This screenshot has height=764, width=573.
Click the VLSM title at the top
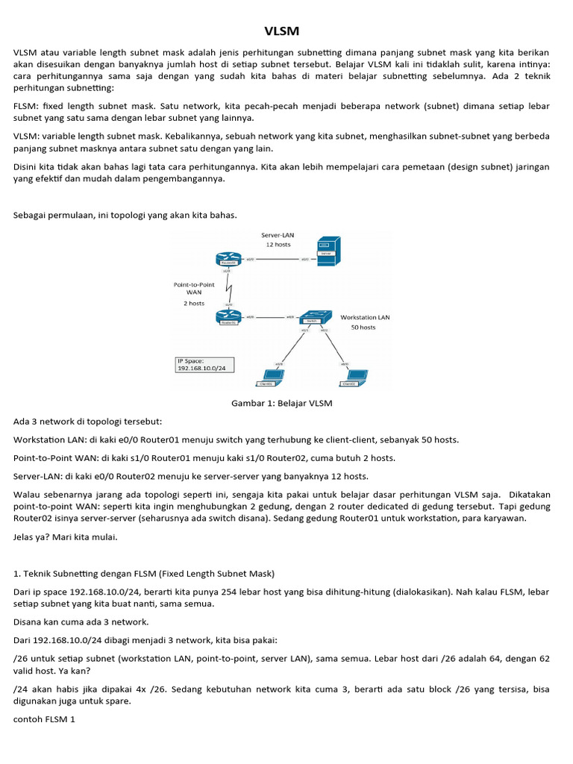[x=281, y=31]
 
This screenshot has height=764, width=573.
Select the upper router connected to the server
[x=228, y=260]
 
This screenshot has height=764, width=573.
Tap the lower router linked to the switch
[x=228, y=317]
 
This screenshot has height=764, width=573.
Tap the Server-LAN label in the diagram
[x=278, y=235]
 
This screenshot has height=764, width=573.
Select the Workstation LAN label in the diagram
[x=365, y=317]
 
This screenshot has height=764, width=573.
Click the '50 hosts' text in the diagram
[x=363, y=328]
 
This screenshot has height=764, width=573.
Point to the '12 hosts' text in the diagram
[x=278, y=245]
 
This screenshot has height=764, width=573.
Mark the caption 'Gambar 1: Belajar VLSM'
[x=282, y=404]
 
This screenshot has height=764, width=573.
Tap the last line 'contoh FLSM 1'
[x=46, y=720]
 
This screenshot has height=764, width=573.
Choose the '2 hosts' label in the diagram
[x=193, y=304]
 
